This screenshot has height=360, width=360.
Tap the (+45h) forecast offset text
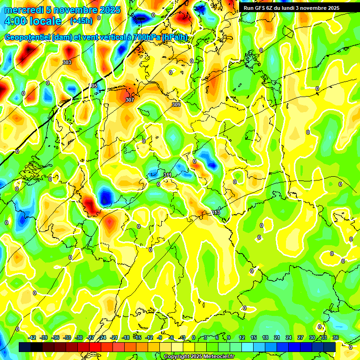coord(81,21)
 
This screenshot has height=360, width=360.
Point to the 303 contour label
coord(67,62)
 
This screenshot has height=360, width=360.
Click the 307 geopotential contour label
coord(130,100)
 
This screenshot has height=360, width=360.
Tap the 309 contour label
coord(176,105)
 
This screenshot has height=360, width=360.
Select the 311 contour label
coord(167,175)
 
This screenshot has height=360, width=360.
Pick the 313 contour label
coord(216,212)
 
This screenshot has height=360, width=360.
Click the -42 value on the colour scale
coord(32,337)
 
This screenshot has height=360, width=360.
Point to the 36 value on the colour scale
coord(336,337)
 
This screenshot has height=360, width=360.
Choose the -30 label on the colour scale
coord(79,337)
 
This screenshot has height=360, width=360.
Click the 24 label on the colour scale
coord(289,337)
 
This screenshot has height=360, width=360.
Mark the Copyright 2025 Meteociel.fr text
coord(199,356)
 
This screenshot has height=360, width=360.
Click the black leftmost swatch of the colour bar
coord(25,347)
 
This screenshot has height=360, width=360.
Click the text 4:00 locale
coord(33,21)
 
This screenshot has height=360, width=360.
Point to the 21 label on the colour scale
coord(277,337)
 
